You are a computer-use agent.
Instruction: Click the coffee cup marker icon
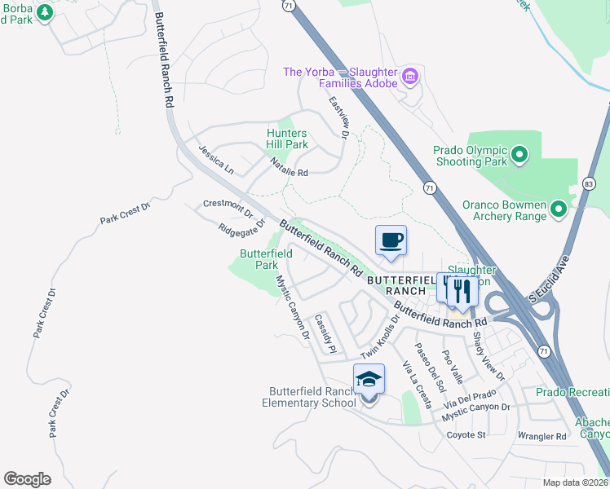point(391,240)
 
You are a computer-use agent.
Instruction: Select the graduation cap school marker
point(369,380)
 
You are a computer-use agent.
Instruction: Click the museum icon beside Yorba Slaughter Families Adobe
point(410,77)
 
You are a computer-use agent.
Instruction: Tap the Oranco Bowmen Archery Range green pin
point(559,209)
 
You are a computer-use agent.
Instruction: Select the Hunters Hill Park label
point(288,139)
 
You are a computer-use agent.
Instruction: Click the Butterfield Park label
point(266,259)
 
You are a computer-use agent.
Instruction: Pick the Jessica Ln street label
point(216,159)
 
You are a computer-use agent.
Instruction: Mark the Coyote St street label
point(466,435)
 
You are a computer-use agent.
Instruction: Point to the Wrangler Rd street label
point(541,437)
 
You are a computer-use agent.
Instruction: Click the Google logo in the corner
point(27,479)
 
